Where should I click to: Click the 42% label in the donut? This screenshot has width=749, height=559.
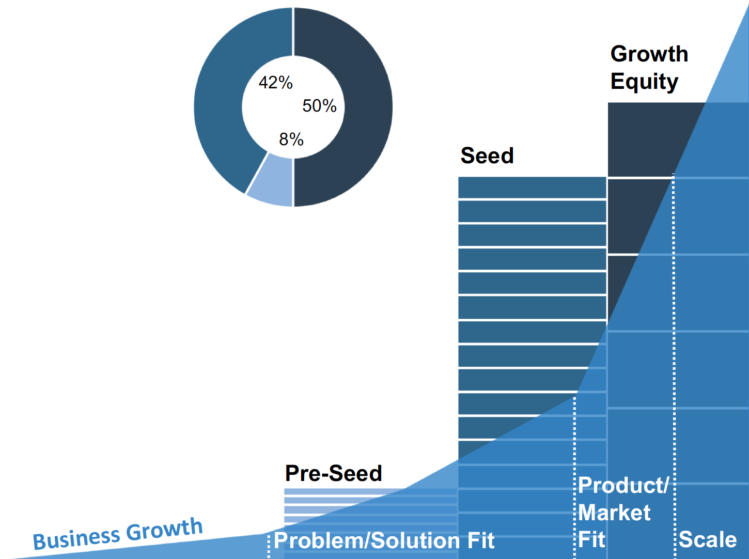[275, 83]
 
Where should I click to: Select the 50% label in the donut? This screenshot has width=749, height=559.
[319, 106]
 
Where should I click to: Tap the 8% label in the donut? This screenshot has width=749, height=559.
[291, 139]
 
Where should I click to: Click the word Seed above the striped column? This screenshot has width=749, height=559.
[487, 156]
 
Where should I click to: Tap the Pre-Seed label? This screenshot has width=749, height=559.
[333, 473]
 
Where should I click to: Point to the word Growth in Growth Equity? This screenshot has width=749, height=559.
[649, 54]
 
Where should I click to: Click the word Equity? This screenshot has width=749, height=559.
[644, 82]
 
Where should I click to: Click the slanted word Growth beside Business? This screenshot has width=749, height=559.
[164, 529]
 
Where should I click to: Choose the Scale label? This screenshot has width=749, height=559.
[707, 539]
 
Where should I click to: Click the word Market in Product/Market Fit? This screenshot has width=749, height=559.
[614, 513]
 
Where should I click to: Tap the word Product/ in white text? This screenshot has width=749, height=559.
[623, 485]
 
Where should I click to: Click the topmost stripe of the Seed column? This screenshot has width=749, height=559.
[532, 188]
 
